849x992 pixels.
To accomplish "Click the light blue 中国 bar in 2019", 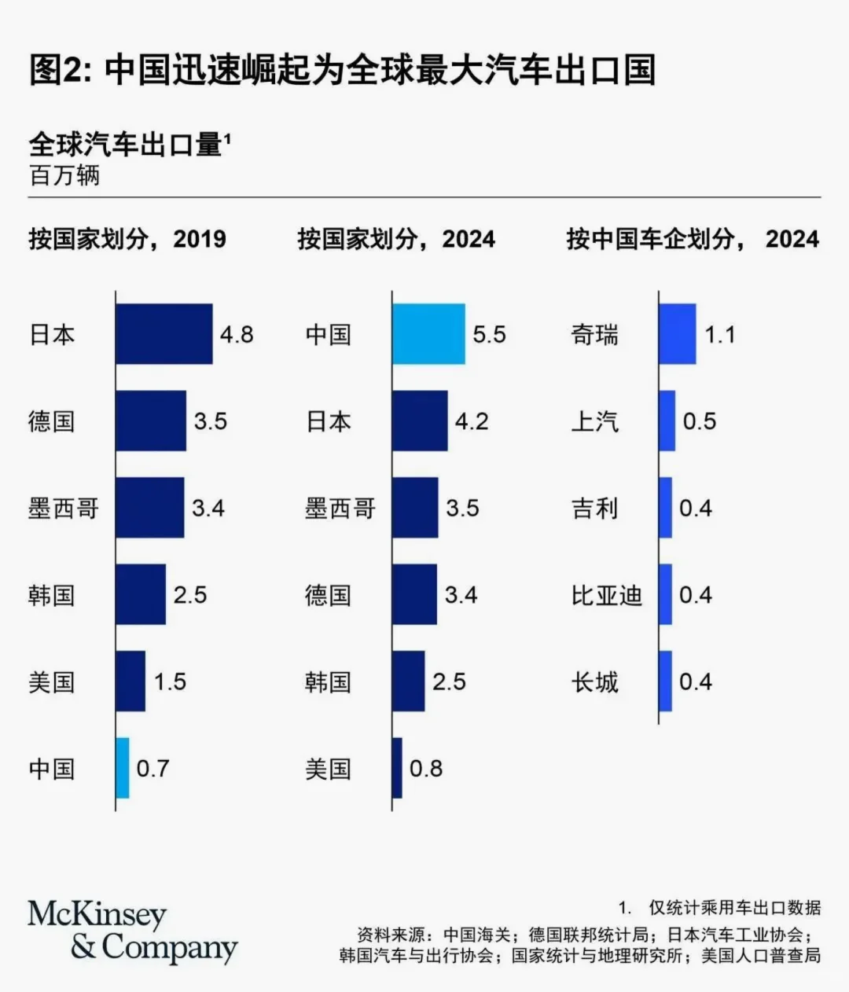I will coord(123,768).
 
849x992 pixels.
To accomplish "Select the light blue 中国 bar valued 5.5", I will coord(429,334).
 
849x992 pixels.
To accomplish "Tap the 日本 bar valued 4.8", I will coord(164,334).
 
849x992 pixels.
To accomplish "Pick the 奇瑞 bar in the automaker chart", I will coord(678,334).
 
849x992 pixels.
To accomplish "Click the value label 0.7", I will coord(153,768).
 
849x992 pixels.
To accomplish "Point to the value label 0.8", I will coord(426,768).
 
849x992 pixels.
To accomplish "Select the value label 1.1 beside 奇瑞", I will coord(719,335).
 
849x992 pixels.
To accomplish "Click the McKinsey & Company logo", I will coord(132,932).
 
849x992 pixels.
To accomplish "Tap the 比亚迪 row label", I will coord(606,595).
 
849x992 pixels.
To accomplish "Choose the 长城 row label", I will coord(595,682).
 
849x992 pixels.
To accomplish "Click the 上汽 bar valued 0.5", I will coord(667,421).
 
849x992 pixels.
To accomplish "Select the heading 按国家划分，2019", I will coord(127,239).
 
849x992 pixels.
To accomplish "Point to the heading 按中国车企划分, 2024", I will coord(693,239).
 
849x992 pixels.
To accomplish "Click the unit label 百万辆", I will coord(64,175).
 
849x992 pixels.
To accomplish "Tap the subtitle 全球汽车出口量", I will coord(126,145).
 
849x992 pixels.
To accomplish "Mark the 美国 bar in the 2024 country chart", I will coord(398,768).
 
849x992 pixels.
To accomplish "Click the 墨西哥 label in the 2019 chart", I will coord(64,509).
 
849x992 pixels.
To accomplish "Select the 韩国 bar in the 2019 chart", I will coord(141,594).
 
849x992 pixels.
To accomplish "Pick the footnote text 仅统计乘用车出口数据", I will coord(734,907).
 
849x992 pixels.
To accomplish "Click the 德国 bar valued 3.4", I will coord(415,594).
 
